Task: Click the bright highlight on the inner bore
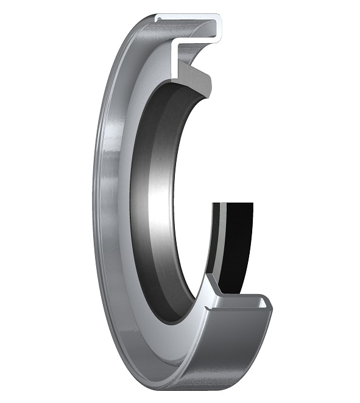(160, 201)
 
